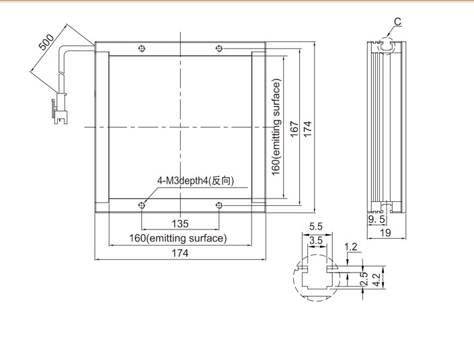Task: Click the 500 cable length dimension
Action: click(46, 42)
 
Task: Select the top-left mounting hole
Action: click(141, 48)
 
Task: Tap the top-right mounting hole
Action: click(219, 48)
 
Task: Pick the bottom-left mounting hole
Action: click(141, 206)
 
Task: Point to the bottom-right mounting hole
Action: click(219, 206)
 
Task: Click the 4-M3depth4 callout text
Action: click(195, 181)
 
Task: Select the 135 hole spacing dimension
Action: click(180, 224)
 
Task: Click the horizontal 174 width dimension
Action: click(180, 253)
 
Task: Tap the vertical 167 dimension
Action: click(294, 129)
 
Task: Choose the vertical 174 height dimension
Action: click(307, 129)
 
